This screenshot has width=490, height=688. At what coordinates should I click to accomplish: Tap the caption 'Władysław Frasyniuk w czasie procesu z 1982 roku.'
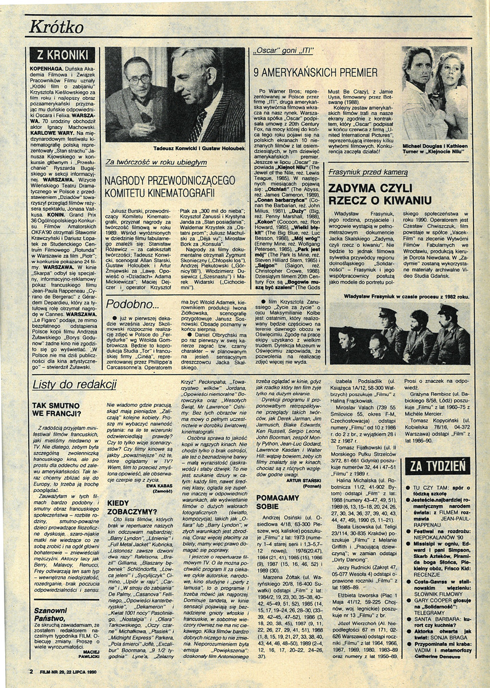coord(407,296)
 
